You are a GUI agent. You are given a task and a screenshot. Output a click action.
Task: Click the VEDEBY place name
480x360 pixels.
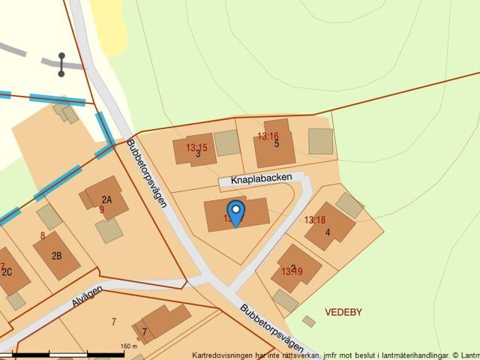tap(343, 310)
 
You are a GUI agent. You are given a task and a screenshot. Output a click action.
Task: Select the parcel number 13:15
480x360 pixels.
tap(196, 147)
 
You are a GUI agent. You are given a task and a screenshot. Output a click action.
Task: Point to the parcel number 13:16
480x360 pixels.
tap(268, 136)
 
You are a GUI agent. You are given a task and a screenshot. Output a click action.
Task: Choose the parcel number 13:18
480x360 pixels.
tap(315, 220)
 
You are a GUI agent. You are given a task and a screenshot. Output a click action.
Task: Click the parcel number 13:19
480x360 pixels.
tap(292, 271)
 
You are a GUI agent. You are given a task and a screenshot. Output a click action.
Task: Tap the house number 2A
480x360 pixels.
tap(106, 199)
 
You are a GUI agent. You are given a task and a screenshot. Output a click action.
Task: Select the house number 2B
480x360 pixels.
tap(56, 255)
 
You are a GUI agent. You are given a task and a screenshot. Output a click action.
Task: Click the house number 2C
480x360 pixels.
tap(7, 271)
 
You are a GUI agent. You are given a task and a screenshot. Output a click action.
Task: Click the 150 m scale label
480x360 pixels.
tap(129, 346)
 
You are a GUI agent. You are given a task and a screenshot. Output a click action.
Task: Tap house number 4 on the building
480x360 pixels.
tap(328, 232)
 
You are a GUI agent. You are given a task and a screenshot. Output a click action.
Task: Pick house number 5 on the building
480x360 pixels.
tap(277, 144)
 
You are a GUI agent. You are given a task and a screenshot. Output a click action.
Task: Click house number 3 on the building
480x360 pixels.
tap(198, 154)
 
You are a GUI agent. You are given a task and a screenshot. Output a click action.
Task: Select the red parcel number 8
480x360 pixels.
tap(43, 235)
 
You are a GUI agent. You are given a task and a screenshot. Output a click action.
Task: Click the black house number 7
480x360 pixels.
tap(144, 331)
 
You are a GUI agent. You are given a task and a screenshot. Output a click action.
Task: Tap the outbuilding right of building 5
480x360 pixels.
tap(320, 141)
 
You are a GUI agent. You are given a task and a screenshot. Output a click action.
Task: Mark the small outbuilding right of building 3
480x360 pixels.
tap(226, 142)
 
